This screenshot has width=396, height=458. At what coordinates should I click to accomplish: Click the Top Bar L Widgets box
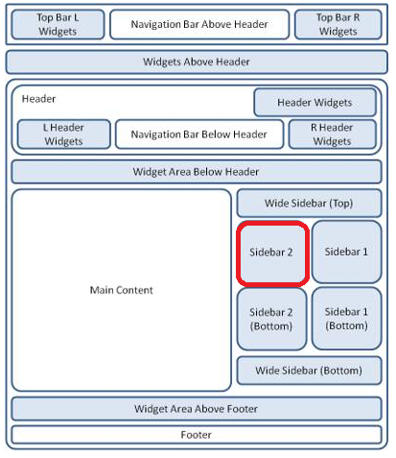coord(58,24)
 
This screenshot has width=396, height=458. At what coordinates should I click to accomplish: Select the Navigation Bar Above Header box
coord(199,24)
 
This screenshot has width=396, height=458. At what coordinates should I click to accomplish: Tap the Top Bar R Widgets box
coord(338,24)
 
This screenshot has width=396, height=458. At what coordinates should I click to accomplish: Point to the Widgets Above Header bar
coord(197,61)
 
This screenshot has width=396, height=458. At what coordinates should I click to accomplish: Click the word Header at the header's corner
coord(38,99)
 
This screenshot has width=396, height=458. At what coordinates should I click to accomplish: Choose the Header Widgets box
coord(314,103)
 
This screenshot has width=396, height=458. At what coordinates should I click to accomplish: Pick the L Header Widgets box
coord(64,134)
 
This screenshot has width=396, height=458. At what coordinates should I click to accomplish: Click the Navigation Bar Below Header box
coord(199,134)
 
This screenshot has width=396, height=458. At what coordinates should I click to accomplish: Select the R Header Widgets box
coord(332,134)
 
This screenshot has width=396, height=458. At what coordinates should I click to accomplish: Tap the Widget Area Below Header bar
coord(197,172)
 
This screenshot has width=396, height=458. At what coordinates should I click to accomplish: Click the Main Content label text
coord(122,290)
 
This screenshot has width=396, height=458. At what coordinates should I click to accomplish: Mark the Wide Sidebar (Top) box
coord(309,204)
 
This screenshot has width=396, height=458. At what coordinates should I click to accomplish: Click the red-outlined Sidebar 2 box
coord(272,253)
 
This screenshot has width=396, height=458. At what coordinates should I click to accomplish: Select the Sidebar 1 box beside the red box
coord(347,252)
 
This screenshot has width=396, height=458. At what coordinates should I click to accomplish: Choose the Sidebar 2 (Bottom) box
coord(271,319)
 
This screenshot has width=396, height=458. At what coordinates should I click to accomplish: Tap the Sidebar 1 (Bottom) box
coord(347,319)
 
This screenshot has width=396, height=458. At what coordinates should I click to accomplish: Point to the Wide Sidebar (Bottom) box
coord(309,371)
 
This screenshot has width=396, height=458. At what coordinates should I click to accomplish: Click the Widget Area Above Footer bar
coord(197,409)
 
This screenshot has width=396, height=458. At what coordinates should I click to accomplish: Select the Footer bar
coord(197,435)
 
